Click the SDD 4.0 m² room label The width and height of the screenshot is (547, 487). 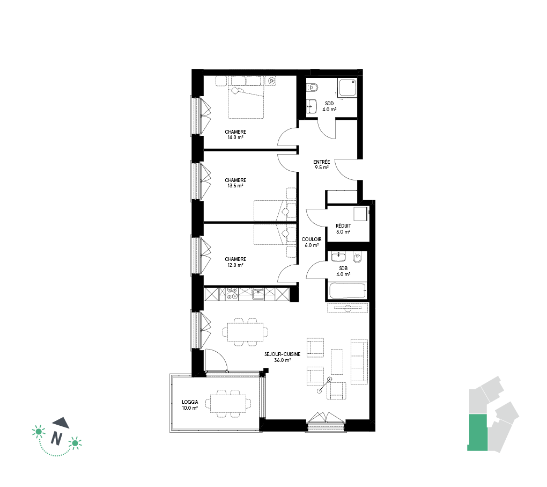tap(329, 106)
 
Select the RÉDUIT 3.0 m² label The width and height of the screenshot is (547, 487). tap(343, 229)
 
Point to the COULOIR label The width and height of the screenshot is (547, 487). tap(312, 239)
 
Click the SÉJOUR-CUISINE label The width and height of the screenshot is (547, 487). tap(282, 354)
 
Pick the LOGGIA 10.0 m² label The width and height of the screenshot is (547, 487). tap(190, 405)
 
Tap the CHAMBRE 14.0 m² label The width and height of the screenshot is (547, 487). tap(235, 134)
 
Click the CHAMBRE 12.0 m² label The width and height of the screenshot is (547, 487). tap(235, 262)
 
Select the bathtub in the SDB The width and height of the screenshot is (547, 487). tap(347, 290)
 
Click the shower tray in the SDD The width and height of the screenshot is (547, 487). tap(347, 88)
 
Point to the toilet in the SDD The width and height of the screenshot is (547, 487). tap(313, 88)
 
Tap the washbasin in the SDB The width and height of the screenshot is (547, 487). tap(338, 257)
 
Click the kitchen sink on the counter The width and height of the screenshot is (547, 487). tap(258, 294)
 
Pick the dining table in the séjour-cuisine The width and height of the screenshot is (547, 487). tap(246, 332)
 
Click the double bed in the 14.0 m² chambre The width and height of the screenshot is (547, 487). tap(246, 101)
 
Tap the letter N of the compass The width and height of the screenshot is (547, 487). tap(56, 438)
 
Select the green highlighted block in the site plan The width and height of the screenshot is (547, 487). tap(477, 432)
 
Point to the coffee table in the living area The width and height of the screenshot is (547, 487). tap(337, 361)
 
